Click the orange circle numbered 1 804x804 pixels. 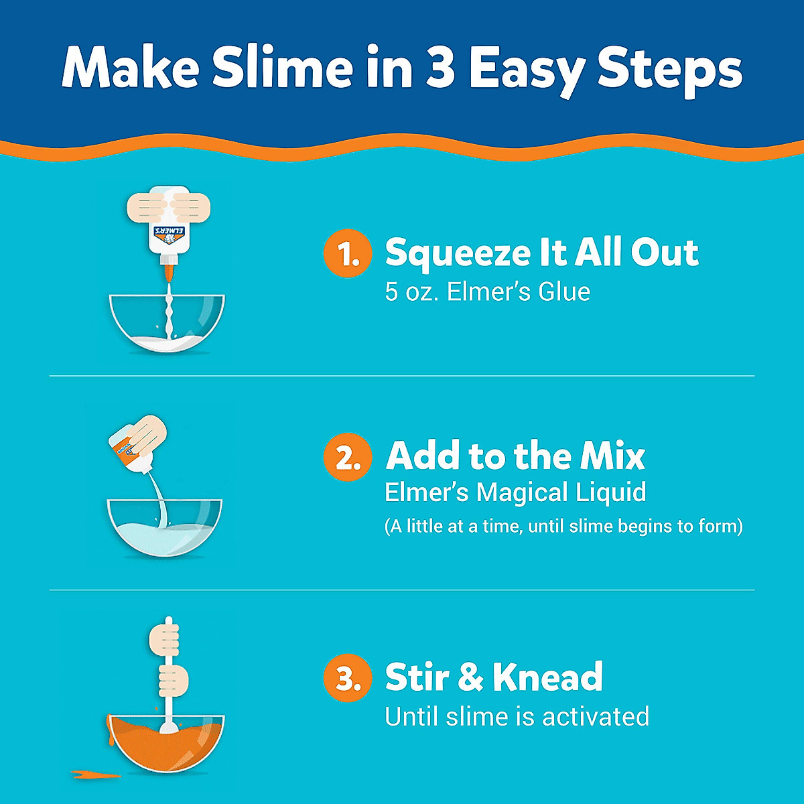tap(347, 253)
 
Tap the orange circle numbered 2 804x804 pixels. tap(347, 457)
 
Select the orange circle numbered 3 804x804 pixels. tap(347, 678)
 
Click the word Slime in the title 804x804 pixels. tap(282, 68)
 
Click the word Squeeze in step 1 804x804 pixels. tap(457, 253)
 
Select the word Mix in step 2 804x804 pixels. tap(612, 456)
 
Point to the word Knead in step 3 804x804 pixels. tap(547, 677)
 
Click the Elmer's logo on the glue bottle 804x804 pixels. tap(167, 235)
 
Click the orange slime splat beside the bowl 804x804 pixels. tap(94, 775)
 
